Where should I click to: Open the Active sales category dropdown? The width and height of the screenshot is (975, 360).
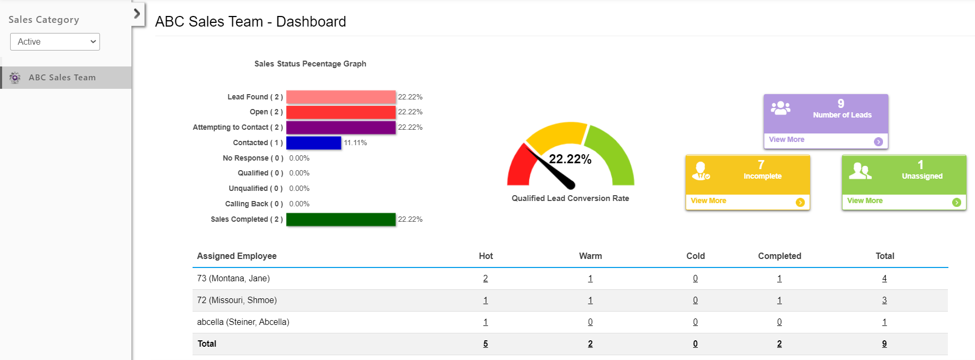click(x=55, y=41)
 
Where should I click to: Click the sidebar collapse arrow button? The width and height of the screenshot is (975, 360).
click(x=137, y=13)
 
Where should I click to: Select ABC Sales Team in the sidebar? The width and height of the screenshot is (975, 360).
click(x=62, y=78)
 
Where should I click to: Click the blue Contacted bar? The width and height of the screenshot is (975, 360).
click(x=314, y=143)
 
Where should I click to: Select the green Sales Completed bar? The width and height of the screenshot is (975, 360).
click(x=341, y=220)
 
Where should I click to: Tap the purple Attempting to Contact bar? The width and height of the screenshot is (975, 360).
click(x=341, y=128)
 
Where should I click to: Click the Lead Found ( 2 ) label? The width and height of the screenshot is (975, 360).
click(x=255, y=97)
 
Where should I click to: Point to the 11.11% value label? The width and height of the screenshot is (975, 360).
click(x=355, y=143)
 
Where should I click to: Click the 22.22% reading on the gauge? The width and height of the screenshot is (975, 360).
click(x=570, y=159)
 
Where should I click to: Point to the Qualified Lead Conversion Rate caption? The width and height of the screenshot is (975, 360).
click(x=570, y=198)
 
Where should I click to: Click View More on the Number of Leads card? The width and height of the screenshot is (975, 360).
click(x=787, y=139)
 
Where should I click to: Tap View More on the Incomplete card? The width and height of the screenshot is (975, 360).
click(x=709, y=200)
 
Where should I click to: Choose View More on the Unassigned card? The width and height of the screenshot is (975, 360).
click(x=865, y=200)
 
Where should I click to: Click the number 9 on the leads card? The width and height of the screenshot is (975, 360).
click(x=841, y=104)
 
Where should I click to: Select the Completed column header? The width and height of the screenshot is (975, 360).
click(x=780, y=256)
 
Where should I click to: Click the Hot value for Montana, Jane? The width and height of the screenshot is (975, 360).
click(x=486, y=279)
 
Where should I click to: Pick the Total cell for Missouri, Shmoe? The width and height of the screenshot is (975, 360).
click(x=885, y=300)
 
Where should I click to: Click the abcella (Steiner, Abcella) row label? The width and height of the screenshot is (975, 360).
click(x=243, y=322)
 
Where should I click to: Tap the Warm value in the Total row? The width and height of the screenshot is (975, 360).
click(x=590, y=344)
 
